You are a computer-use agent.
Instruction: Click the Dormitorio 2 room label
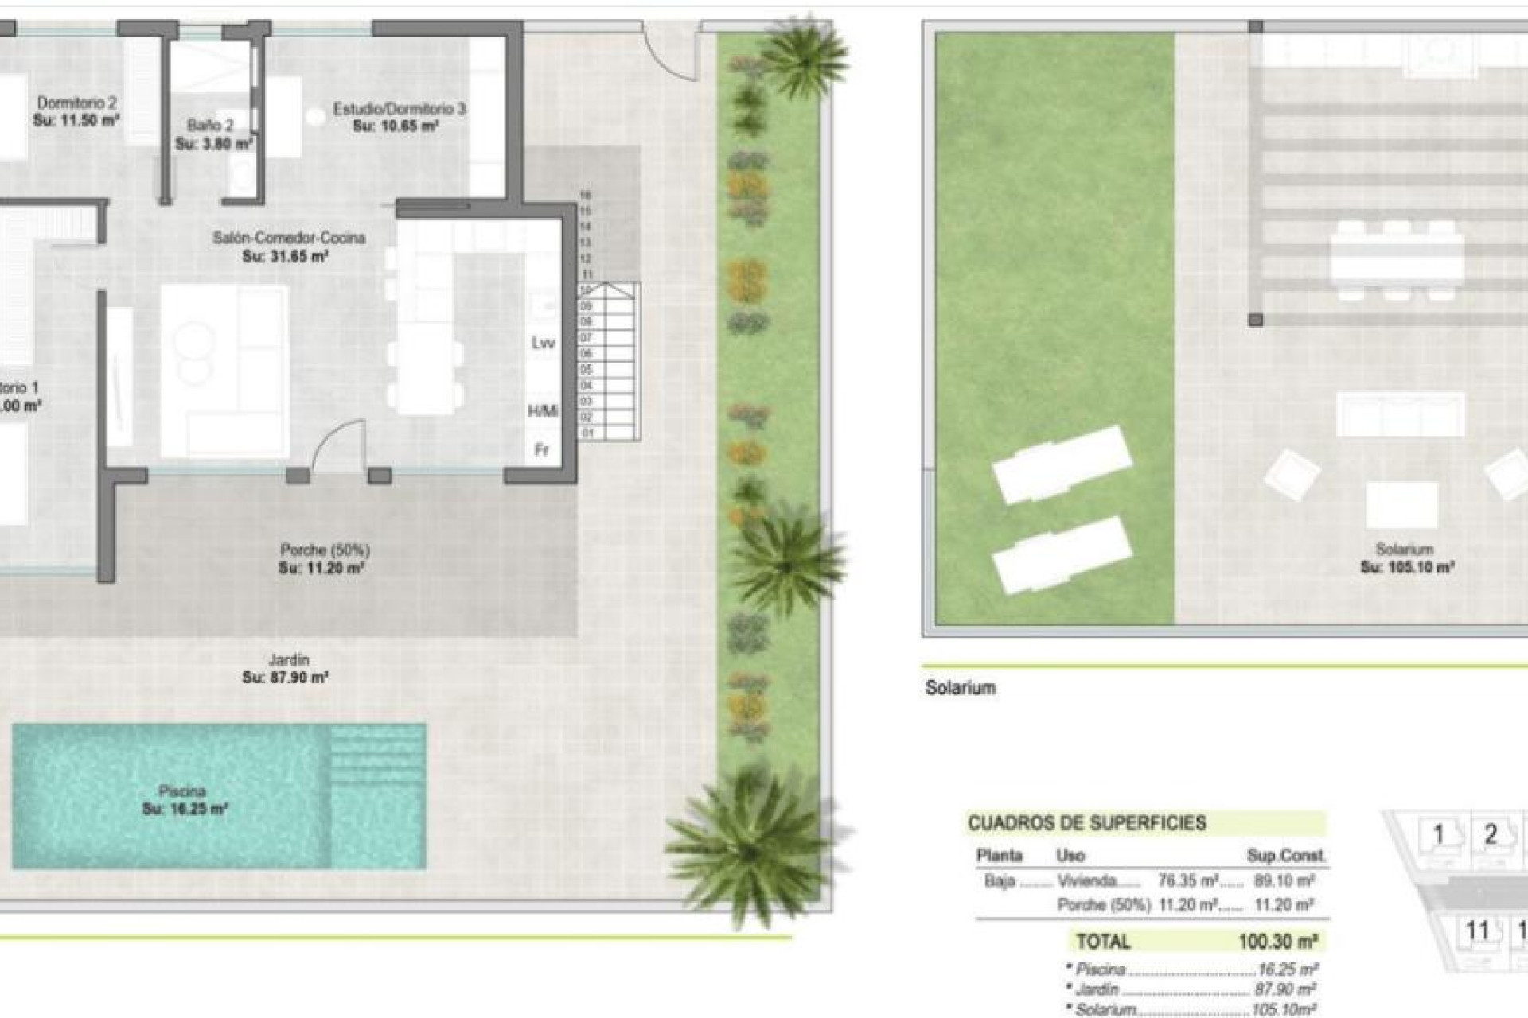pos(76,103)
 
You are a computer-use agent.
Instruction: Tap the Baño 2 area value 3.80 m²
pos(214,144)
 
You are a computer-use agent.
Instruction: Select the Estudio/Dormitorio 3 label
pos(399,108)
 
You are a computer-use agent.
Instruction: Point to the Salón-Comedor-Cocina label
pos(289,238)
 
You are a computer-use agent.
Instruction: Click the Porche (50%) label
pos(325,550)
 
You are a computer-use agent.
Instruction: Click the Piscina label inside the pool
pos(182,791)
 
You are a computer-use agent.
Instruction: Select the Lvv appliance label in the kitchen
pos(543,344)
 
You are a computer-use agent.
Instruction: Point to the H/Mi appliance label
pos(543,411)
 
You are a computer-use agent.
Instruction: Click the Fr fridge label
pos(541,450)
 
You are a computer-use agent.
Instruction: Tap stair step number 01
pos(587,433)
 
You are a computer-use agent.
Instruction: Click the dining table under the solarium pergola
pos(1397,259)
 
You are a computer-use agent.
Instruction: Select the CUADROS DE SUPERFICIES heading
pos(1086,823)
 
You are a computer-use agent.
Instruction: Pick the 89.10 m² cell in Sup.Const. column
pos(1284,881)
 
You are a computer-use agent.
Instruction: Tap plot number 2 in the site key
pos(1491,834)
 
